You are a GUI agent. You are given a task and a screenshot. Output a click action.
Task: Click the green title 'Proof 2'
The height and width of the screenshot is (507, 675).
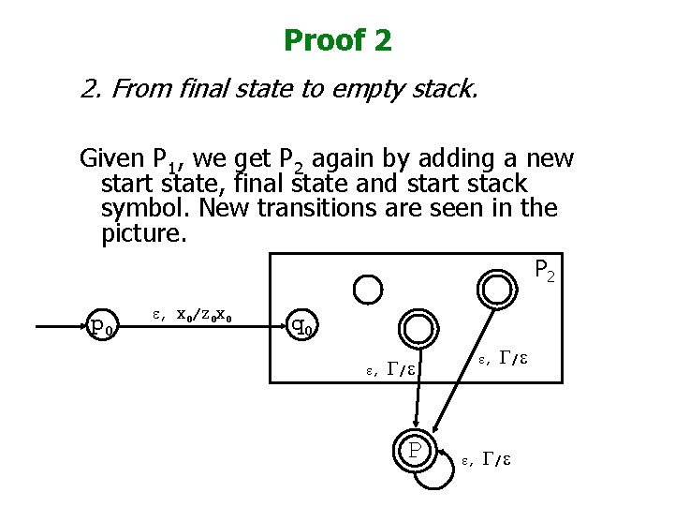(337, 40)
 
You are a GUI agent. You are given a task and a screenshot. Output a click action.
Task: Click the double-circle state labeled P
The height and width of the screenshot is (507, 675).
(413, 451)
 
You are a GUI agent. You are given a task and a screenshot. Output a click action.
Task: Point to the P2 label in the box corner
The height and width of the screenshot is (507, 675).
(545, 271)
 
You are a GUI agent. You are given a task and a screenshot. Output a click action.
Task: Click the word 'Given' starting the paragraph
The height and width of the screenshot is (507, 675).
(110, 159)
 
